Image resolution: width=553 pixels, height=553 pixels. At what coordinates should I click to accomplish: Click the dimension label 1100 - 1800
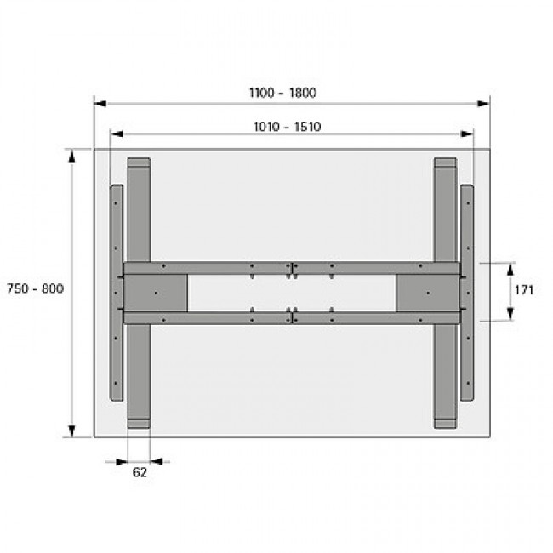click(x=282, y=93)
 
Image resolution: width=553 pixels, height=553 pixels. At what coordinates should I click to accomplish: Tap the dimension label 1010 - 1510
click(x=288, y=127)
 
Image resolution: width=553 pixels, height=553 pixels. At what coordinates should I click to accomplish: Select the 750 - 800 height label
click(x=35, y=288)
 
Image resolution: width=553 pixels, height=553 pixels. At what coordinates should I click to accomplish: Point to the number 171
click(x=524, y=290)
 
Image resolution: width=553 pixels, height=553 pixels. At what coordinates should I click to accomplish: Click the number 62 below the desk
click(x=140, y=472)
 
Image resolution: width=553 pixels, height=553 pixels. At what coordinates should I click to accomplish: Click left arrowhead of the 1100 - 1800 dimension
click(x=100, y=103)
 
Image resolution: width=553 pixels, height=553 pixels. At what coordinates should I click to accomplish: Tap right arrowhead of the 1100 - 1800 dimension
click(x=483, y=103)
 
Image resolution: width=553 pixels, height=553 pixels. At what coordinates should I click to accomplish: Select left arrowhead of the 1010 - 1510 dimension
click(x=117, y=134)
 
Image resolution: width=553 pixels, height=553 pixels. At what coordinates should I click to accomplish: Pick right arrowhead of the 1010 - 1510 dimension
click(x=466, y=134)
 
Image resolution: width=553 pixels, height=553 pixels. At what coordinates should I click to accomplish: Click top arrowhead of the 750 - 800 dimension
click(x=72, y=157)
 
